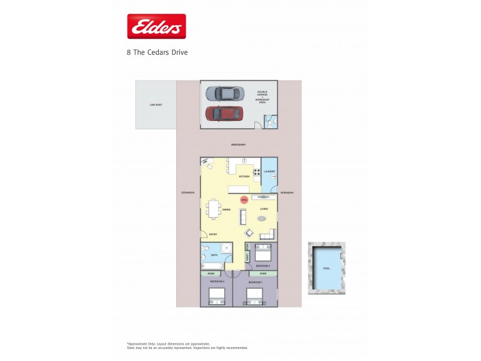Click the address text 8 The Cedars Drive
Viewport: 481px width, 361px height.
[157, 52]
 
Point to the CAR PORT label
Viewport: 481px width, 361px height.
[156, 105]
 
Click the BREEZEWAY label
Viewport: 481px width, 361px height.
[239, 145]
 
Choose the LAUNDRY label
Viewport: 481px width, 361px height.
[269, 171]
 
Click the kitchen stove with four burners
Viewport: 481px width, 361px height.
[257, 175]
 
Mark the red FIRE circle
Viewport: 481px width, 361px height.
[244, 200]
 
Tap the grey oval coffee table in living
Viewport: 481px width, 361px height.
[264, 218]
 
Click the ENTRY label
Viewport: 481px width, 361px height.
[213, 234]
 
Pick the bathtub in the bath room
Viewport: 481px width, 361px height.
[212, 265]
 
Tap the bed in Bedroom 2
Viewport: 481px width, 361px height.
[216, 296]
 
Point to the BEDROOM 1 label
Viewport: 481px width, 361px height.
[256, 282]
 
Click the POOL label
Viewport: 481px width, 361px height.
[326, 268]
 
